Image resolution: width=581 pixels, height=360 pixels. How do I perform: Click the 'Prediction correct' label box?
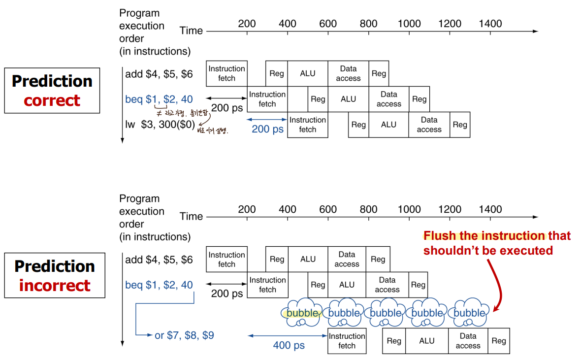coord(52,91)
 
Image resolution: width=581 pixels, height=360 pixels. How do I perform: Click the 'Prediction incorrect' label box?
coord(55,275)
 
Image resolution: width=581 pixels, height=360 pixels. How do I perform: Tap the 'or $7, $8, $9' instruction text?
coord(184,335)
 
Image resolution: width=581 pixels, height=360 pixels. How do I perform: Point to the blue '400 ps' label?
coord(289,345)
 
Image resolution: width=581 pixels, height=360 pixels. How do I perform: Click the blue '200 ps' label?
coord(267,129)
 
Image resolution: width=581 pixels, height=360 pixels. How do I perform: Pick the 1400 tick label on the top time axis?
coord(490,24)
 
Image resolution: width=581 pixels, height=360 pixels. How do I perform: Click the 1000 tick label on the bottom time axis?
coord(409,209)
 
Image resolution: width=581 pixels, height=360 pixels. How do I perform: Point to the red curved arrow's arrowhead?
coord(495,310)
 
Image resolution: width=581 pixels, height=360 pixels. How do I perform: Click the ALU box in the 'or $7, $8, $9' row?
coord(426,341)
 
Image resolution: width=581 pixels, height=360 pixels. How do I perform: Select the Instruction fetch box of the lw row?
coord(308,125)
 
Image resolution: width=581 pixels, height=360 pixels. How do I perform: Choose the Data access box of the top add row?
coord(348,73)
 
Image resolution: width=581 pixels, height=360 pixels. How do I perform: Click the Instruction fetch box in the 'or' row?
coord(347,341)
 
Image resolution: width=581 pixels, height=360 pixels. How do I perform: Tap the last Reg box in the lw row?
coord(460,125)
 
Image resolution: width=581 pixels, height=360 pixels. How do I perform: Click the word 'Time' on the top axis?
coord(191,31)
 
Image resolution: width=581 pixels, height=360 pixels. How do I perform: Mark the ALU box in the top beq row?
coord(348,99)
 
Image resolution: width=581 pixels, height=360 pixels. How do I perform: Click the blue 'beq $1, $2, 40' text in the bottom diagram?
coord(159,285)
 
